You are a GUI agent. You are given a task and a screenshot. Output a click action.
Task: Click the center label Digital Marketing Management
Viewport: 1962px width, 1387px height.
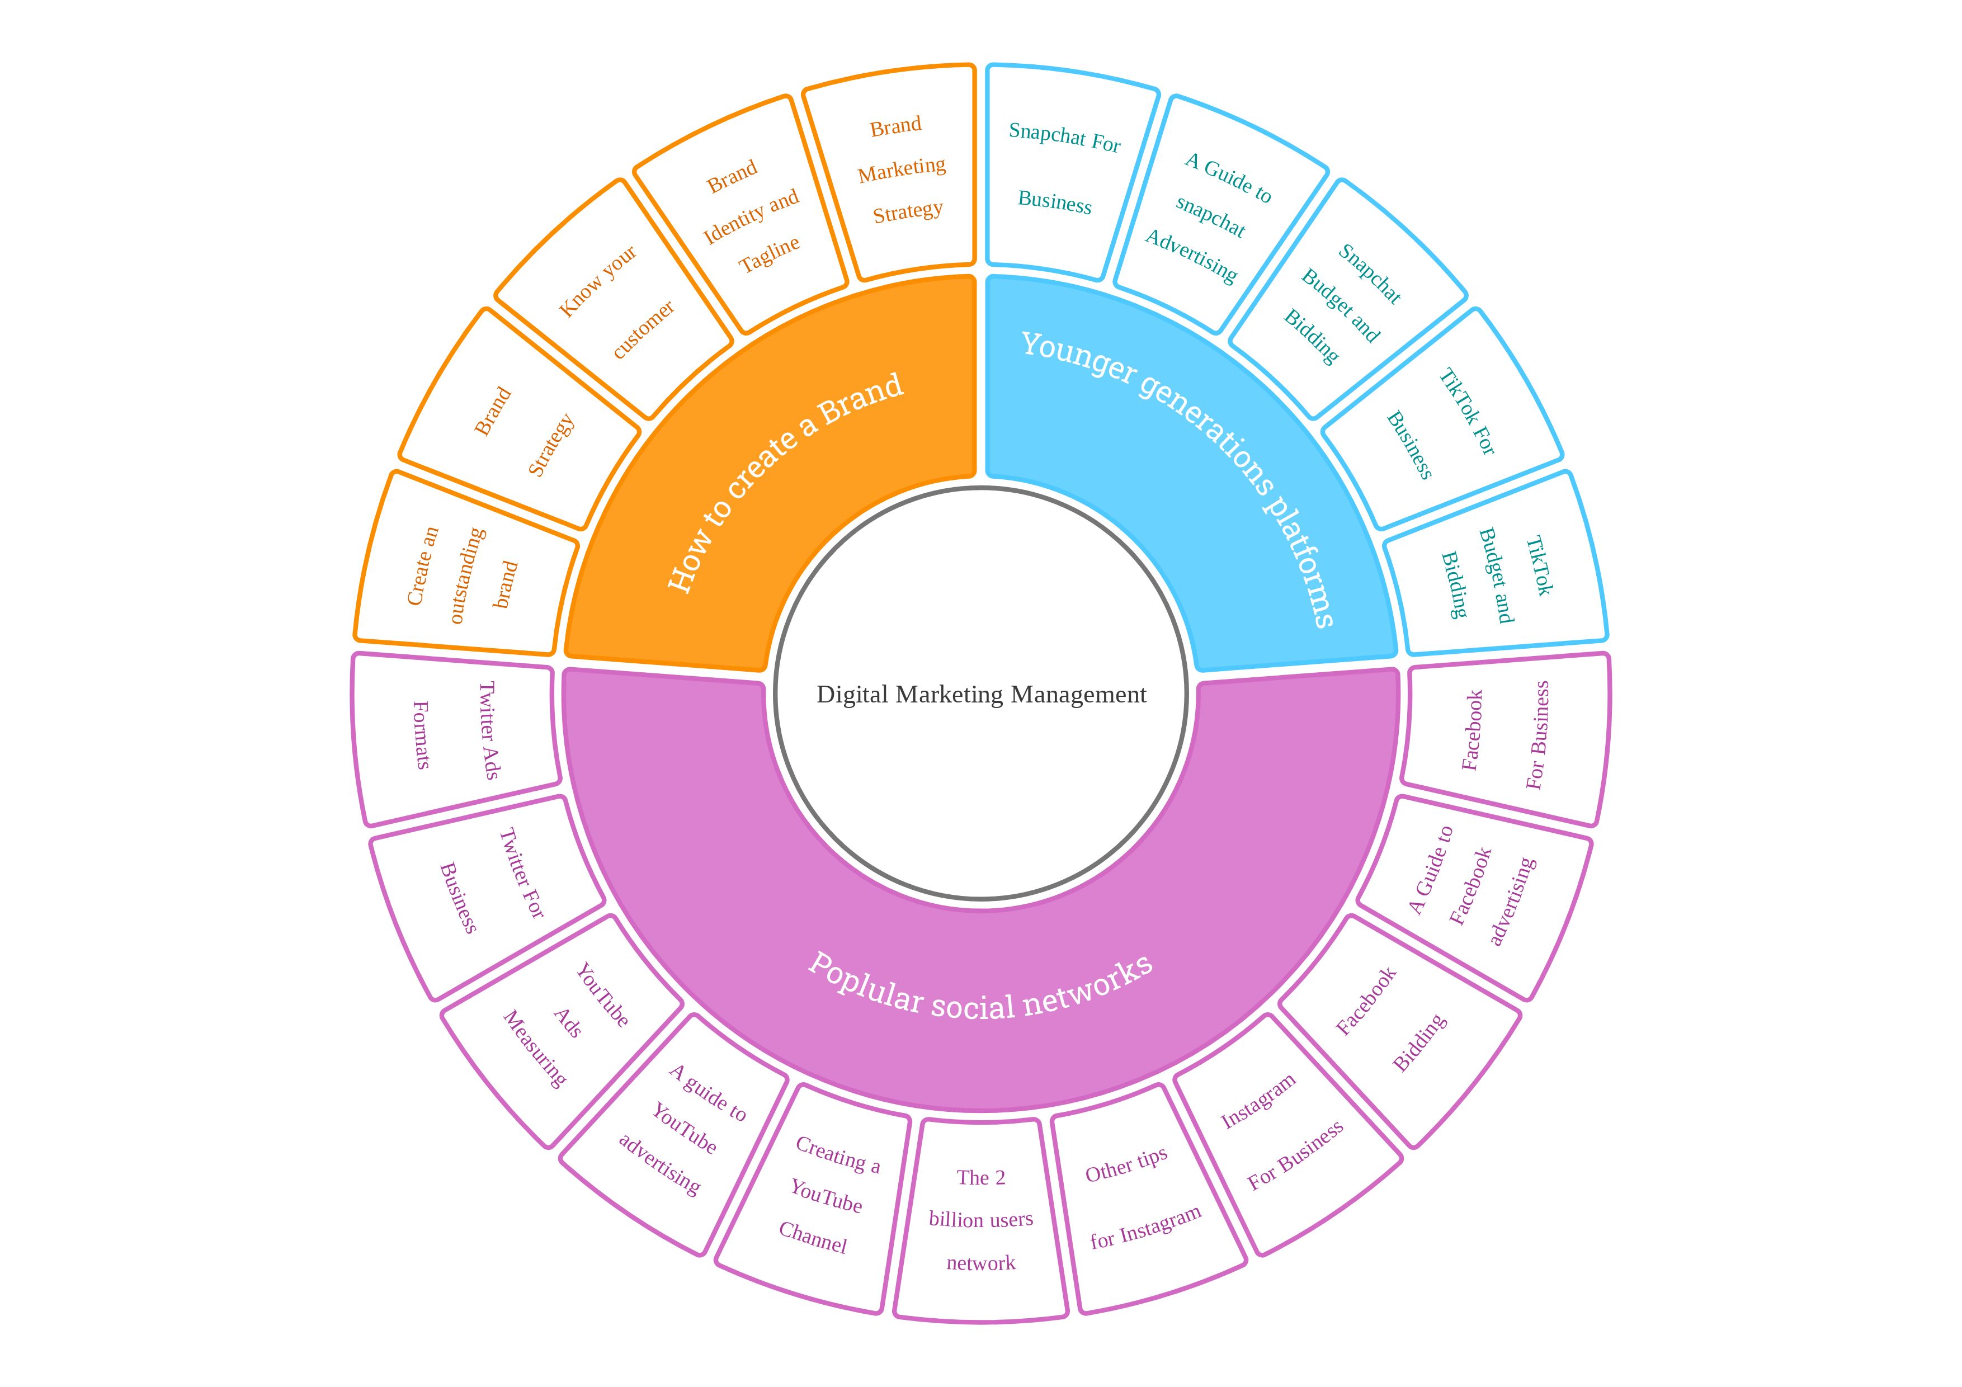[x=981, y=694]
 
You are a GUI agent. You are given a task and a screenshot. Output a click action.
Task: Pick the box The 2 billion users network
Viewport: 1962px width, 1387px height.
[x=981, y=1220]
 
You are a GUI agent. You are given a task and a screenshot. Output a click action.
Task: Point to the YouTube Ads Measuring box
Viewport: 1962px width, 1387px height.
[x=564, y=1030]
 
